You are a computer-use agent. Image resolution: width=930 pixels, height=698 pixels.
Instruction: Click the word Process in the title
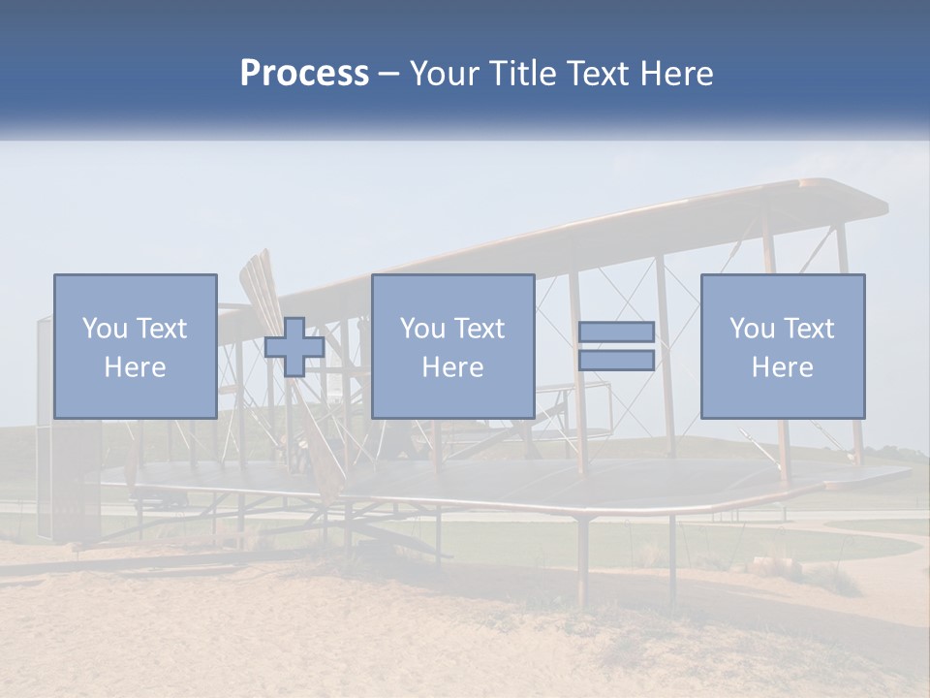[304, 74]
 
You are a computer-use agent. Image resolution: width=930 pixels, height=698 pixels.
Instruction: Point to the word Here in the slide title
[674, 74]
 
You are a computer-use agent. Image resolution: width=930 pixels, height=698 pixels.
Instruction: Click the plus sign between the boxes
[294, 347]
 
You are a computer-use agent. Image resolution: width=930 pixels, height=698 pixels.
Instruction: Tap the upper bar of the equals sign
[616, 333]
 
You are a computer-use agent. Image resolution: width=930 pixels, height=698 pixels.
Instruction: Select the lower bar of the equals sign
[616, 361]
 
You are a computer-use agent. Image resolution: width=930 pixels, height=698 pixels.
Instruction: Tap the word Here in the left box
[135, 367]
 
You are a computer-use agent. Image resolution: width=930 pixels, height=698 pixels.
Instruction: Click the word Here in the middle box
[452, 367]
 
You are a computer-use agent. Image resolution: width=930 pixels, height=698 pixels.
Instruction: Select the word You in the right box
[753, 329]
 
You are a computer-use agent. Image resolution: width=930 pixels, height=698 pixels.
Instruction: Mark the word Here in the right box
[782, 367]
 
